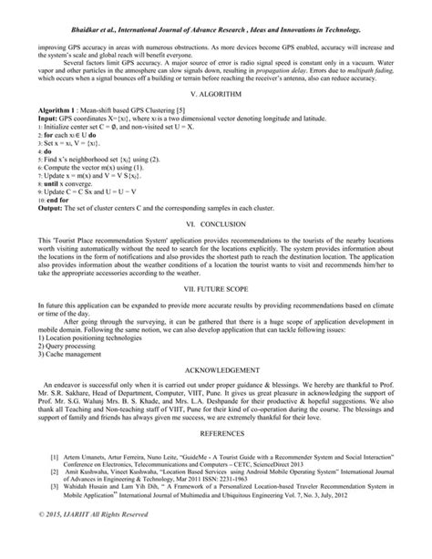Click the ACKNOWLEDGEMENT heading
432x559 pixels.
pos(215,398)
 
